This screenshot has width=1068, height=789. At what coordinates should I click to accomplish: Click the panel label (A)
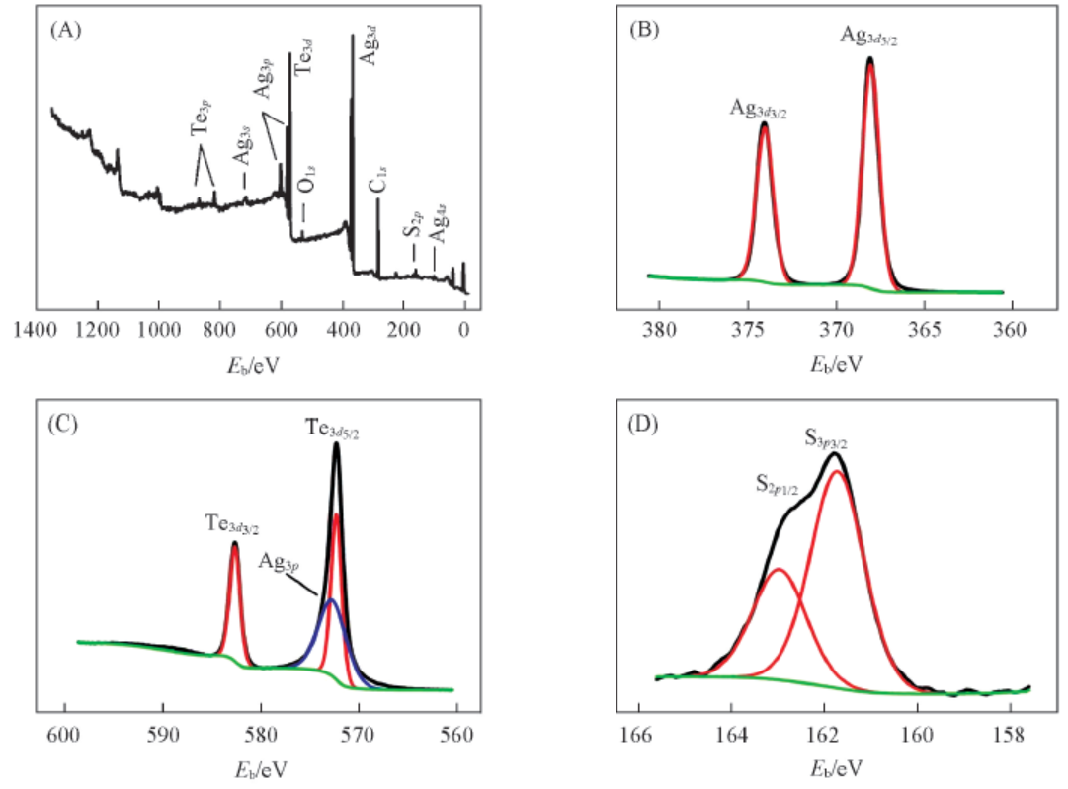pyautogui.click(x=64, y=30)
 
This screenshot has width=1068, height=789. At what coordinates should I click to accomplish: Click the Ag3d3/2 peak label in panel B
pyautogui.click(x=759, y=109)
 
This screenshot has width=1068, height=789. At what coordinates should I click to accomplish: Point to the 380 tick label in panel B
pyautogui.click(x=657, y=330)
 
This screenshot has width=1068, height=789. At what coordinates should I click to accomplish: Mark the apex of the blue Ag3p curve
pyautogui.click(x=331, y=599)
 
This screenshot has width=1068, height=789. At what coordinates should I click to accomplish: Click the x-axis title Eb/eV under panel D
pyautogui.click(x=835, y=765)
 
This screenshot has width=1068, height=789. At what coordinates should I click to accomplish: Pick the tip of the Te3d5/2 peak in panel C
pyautogui.click(x=337, y=444)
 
